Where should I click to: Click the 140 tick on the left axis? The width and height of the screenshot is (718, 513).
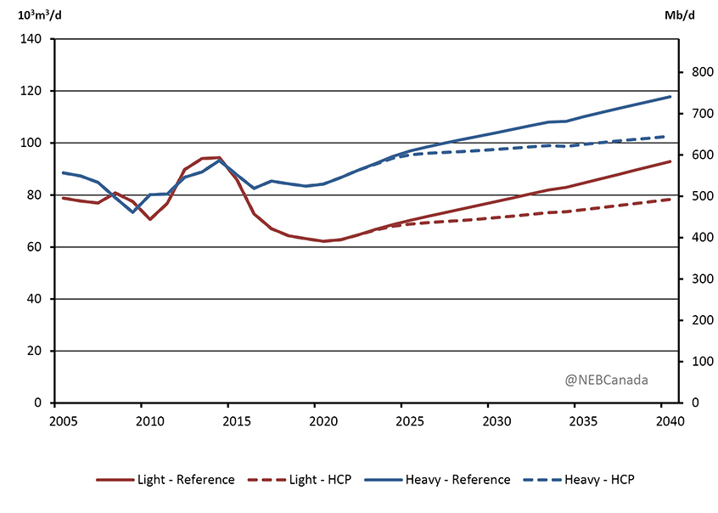(32, 39)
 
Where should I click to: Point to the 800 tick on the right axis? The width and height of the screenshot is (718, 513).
(693, 73)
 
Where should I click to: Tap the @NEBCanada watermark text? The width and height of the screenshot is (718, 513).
(607, 380)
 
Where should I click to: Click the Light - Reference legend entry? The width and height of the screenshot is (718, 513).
(166, 480)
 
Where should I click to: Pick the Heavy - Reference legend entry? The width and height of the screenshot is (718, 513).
(438, 480)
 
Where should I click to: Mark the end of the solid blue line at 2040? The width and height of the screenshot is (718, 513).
(670, 97)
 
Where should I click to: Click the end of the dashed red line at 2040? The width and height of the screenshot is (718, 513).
(670, 200)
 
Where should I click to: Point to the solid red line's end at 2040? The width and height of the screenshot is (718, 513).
(670, 161)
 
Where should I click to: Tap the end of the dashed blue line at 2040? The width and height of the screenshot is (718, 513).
(670, 136)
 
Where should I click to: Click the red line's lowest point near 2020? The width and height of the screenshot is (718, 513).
(323, 241)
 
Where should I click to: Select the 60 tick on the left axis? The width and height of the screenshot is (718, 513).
(36, 247)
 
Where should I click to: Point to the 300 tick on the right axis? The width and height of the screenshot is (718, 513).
(693, 279)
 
